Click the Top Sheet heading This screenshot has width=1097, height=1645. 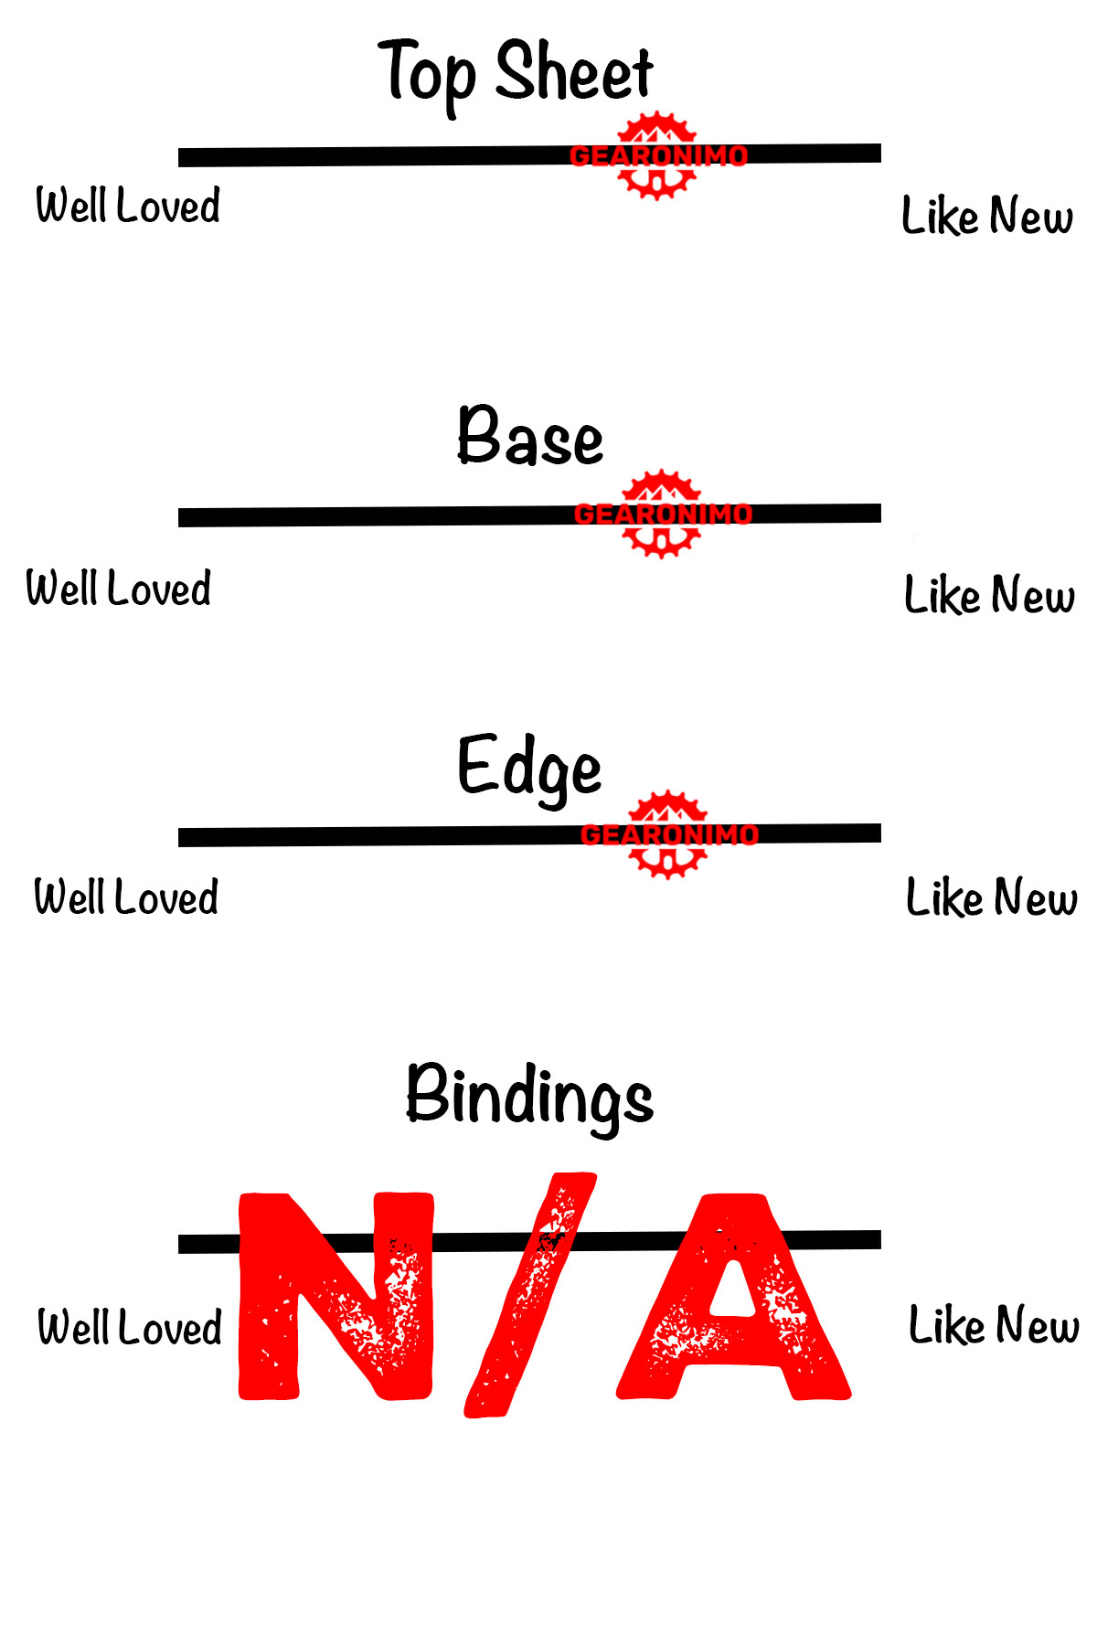pos(516,73)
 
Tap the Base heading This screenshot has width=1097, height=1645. pos(530,437)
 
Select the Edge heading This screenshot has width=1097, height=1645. pos(529,767)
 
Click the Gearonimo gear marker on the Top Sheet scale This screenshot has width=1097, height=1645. pos(657,155)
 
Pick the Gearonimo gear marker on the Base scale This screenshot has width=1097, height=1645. pos(662,514)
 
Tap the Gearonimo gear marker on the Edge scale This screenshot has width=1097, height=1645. pos(668,834)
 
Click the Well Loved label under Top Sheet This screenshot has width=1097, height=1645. pos(128,205)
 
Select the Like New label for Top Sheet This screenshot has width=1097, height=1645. pos(987,216)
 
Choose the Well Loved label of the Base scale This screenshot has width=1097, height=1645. pos(119,588)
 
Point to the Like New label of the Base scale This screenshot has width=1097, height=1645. pos(989,595)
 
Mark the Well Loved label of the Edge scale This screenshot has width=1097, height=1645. pos(126,897)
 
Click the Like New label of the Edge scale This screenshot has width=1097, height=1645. pos(991,897)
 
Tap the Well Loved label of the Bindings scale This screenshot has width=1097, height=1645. pos(130,1327)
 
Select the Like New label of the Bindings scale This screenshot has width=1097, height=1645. pos(994,1325)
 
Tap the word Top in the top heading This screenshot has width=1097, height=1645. pos(428,73)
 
